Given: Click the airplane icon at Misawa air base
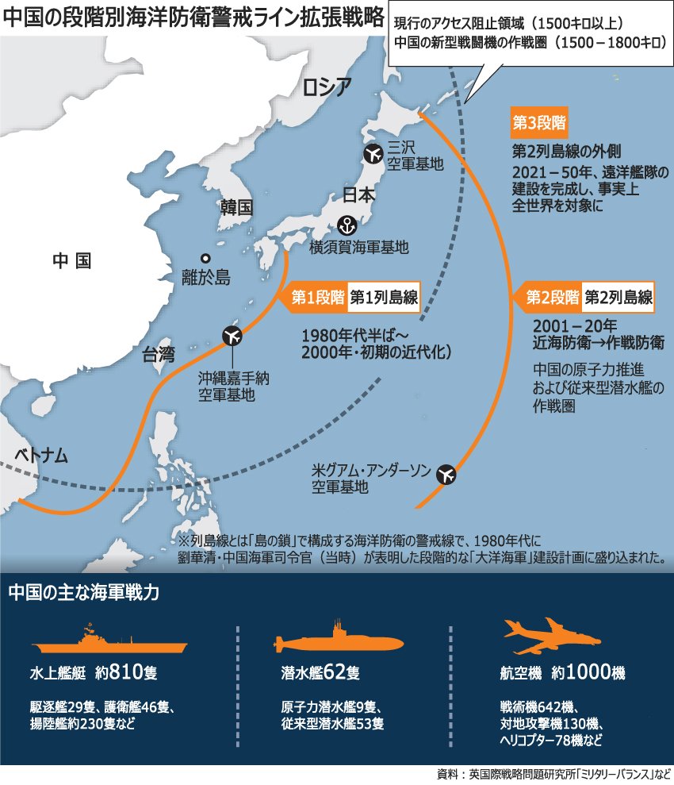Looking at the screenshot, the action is tap(372, 153).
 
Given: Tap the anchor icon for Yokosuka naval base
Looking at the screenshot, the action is tap(347, 225).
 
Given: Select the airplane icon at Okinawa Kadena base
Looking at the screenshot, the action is tap(232, 336).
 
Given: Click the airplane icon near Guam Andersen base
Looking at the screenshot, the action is tap(446, 475).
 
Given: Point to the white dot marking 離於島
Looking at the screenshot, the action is tap(205, 258).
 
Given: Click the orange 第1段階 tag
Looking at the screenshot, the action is tap(316, 298).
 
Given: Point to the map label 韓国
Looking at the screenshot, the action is tap(236, 208).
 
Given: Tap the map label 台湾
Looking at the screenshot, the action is tap(159, 354).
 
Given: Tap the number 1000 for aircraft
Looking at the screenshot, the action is tap(587, 672).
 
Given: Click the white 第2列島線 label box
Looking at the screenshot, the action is tap(618, 298).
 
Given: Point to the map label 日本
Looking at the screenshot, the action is tap(358, 195).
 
